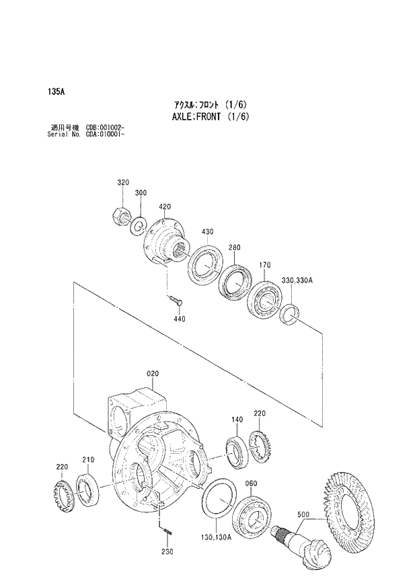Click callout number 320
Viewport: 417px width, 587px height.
coord(122,183)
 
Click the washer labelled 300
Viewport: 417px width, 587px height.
coord(138,224)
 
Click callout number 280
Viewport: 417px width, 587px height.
coord(233,248)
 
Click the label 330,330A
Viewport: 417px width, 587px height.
coord(297,280)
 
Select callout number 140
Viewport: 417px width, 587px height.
coord(237,420)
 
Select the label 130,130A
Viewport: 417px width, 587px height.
coord(215,536)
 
